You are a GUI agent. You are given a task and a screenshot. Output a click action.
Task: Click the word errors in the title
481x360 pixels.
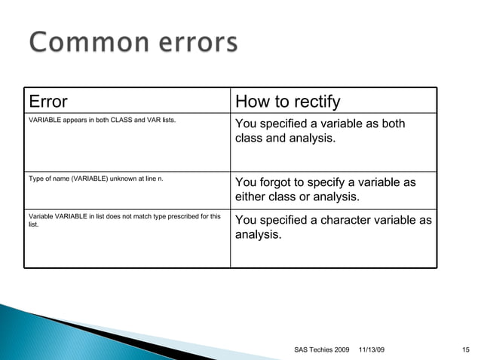[x=191, y=43]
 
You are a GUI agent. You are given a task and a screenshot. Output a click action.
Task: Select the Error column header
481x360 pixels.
[x=48, y=102]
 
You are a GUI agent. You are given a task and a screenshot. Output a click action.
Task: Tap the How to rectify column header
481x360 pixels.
[x=288, y=102]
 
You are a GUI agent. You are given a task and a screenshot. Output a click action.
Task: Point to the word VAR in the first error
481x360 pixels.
[x=154, y=121]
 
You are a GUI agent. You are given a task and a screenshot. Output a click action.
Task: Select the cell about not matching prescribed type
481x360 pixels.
[x=124, y=220]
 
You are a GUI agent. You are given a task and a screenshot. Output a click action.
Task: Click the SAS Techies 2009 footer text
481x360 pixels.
[x=323, y=348]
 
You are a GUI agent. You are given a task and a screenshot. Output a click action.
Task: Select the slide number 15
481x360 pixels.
[x=466, y=348]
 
